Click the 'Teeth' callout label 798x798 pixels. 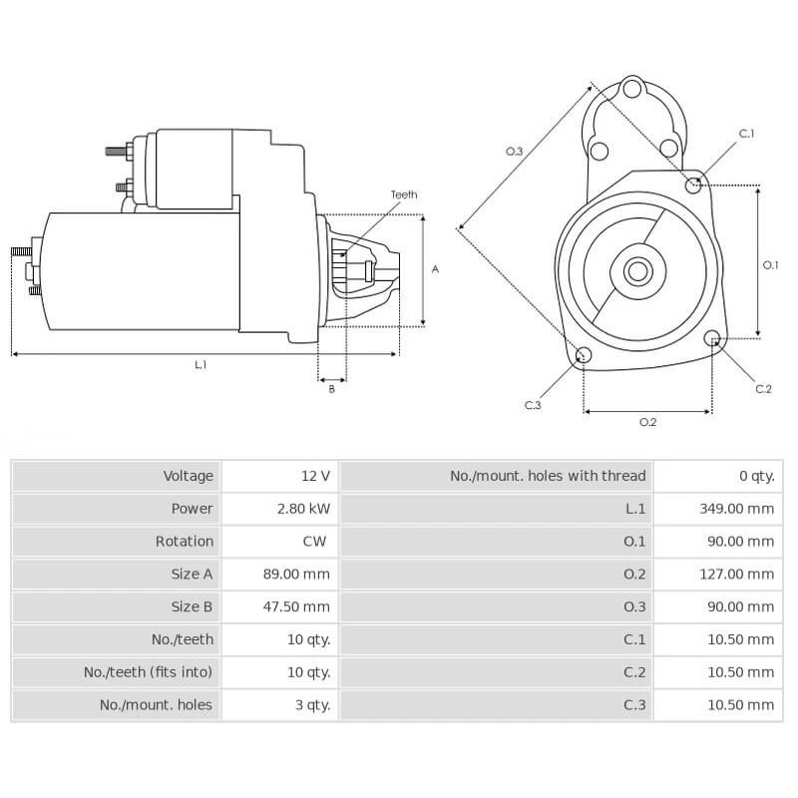(x=403, y=195)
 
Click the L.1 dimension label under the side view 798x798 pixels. (x=199, y=365)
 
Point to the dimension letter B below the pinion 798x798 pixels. (x=331, y=389)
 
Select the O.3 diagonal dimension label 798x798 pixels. (x=514, y=151)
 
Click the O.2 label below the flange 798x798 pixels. (x=647, y=422)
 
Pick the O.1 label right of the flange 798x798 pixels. (x=770, y=264)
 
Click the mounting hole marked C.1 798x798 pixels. (x=694, y=185)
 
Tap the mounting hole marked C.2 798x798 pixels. (x=713, y=339)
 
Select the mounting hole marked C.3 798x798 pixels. (x=585, y=356)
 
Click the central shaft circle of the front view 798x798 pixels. (x=637, y=270)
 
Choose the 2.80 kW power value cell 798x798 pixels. (x=303, y=509)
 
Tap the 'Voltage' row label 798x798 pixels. (x=189, y=476)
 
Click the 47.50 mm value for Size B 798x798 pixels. (x=303, y=606)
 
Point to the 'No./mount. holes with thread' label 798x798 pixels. (x=548, y=476)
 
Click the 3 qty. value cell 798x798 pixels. (x=310, y=704)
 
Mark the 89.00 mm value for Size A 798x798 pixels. (x=303, y=574)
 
